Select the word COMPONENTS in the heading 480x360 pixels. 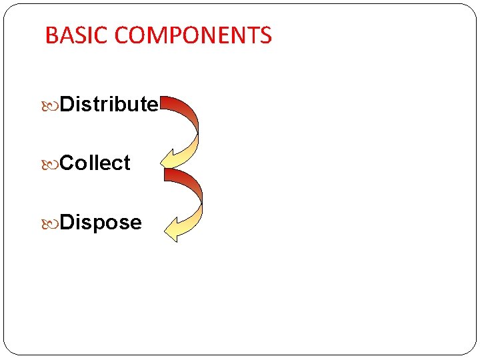(194, 35)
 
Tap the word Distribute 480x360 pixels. (109, 104)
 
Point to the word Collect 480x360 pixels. (95, 163)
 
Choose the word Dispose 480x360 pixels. (101, 222)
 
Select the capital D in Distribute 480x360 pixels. (67, 104)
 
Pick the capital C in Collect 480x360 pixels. (67, 163)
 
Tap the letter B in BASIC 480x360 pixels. (51, 35)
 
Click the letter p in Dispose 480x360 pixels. (102, 224)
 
